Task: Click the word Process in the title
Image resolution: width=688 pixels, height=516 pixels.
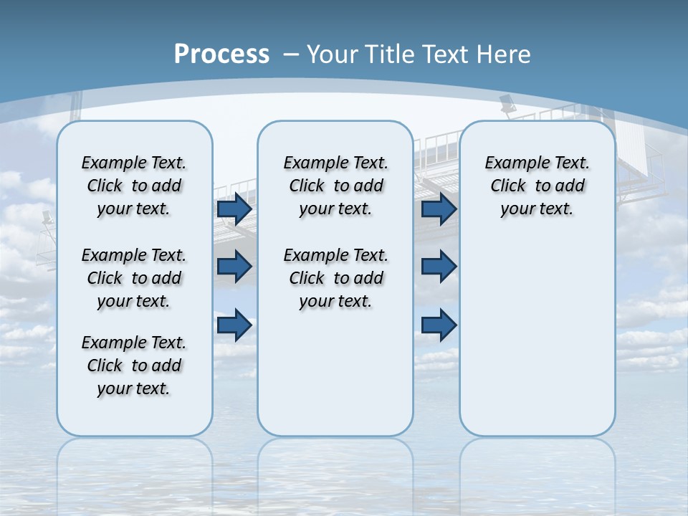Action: tap(221, 54)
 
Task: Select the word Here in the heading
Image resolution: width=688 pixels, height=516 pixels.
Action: tap(503, 54)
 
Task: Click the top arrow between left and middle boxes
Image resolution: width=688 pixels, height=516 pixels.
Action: tap(234, 209)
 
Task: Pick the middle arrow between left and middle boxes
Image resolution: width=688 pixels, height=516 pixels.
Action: tap(234, 267)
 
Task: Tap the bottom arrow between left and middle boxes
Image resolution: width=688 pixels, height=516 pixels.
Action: tap(234, 325)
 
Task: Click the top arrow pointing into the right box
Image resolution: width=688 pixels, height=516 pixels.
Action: tap(439, 209)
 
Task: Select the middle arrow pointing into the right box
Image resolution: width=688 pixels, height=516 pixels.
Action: tap(439, 267)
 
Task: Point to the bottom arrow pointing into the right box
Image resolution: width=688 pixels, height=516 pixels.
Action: tap(439, 325)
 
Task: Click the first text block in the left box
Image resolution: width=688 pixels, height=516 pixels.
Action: tap(134, 186)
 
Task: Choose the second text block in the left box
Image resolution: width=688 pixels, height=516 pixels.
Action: tap(134, 278)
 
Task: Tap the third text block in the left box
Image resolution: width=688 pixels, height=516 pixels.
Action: tap(134, 365)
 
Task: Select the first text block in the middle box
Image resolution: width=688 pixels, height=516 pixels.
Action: tap(335, 186)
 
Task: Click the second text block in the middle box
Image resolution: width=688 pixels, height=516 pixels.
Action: tap(335, 278)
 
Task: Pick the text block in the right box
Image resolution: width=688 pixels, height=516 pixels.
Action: tap(537, 186)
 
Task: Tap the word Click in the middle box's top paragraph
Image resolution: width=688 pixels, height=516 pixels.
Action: tap(307, 186)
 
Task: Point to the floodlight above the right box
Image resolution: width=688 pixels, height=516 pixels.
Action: tap(508, 105)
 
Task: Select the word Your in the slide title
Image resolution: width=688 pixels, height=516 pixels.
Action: tap(332, 54)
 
